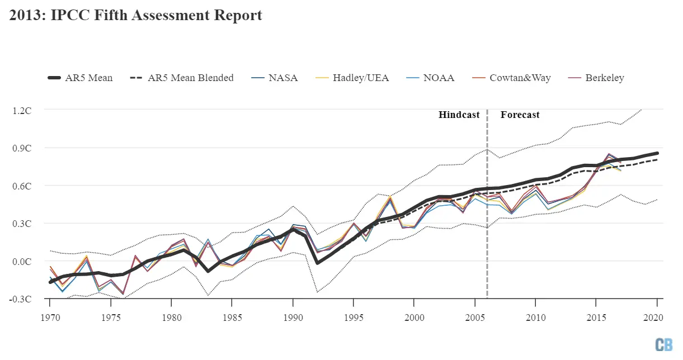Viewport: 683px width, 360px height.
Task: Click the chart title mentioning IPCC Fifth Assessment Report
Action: pos(135,15)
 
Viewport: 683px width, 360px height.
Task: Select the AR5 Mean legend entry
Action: pos(80,78)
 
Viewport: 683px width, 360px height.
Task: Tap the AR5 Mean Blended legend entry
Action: pos(181,78)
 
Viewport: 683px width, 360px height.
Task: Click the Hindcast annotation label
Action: pos(459,115)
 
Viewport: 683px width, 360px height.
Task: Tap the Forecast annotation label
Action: pos(520,115)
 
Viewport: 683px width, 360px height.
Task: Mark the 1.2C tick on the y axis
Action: pos(22,110)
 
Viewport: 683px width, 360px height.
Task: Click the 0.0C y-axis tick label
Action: pos(22,261)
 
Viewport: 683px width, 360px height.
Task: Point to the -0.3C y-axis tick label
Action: pos(21,299)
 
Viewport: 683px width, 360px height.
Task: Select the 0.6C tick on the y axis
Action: pos(22,186)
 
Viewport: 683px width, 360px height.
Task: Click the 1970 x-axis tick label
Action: pos(50,318)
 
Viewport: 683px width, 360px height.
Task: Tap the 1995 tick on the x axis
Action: pos(353,318)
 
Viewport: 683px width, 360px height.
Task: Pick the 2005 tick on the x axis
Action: pos(474,318)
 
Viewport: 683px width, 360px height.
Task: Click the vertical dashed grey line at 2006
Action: pos(487,224)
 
